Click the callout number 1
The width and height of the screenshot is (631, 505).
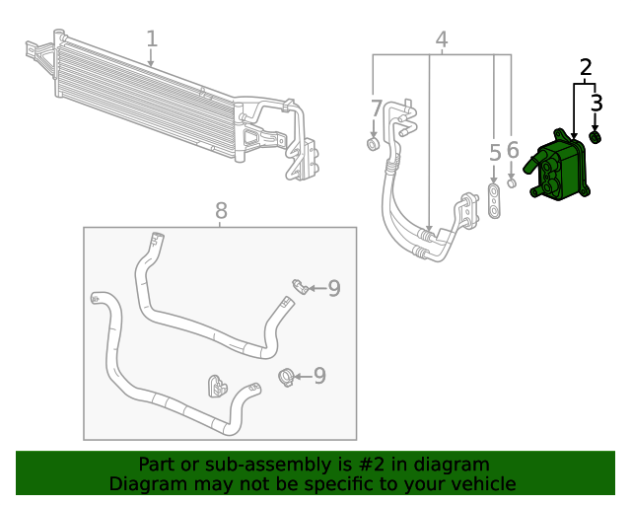[x=152, y=38]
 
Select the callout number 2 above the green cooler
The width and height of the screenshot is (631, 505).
[x=586, y=68]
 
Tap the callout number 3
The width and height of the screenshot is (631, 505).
[x=596, y=102]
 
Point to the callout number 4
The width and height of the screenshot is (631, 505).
[x=442, y=39]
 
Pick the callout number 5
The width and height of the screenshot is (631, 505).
[x=495, y=153]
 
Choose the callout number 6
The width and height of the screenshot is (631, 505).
[x=513, y=150]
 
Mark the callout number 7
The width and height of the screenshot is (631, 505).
[x=376, y=108]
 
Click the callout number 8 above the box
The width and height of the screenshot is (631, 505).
[x=221, y=210]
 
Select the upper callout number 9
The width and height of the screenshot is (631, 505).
[x=334, y=288]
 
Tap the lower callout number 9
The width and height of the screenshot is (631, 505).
[x=318, y=376]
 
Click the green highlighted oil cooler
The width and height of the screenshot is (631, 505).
[x=559, y=170]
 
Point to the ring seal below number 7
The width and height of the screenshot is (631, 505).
[x=373, y=145]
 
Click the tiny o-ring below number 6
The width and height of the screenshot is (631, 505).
[x=512, y=181]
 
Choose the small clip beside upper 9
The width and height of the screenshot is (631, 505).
[x=299, y=287]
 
